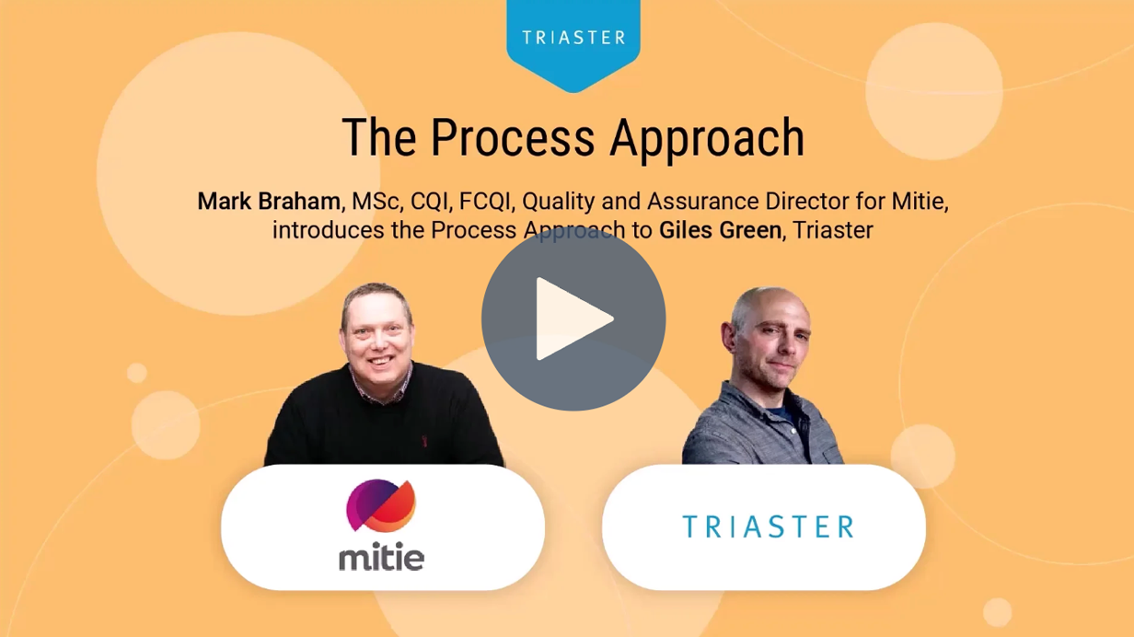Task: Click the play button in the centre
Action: pyautogui.click(x=573, y=318)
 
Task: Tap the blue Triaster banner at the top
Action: pyautogui.click(x=573, y=38)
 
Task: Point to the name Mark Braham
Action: pyautogui.click(x=269, y=202)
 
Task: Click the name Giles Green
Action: pyautogui.click(x=720, y=230)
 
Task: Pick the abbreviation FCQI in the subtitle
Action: pyautogui.click(x=484, y=202)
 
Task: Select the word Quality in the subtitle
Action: pyautogui.click(x=554, y=202)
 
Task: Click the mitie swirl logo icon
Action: pyautogui.click(x=381, y=505)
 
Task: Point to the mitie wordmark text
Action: pyautogui.click(x=381, y=557)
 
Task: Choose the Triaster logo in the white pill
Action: pyautogui.click(x=768, y=527)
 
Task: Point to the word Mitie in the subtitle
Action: pyautogui.click(x=920, y=202)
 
